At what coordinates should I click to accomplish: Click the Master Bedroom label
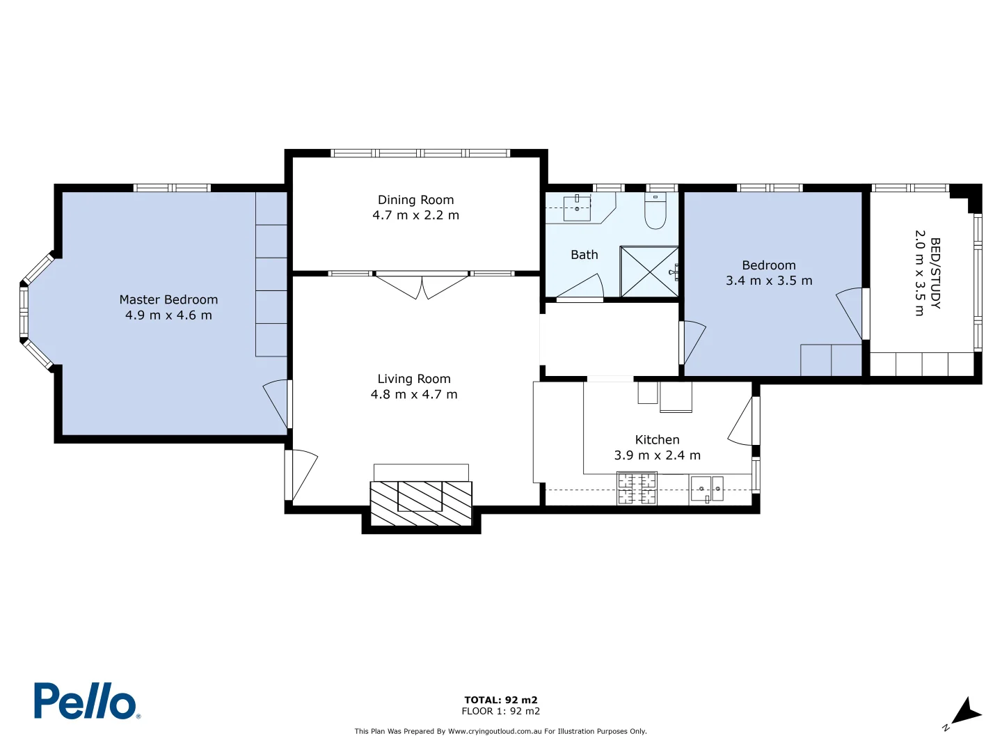(x=168, y=299)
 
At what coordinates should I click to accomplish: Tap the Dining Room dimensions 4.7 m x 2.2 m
(x=415, y=215)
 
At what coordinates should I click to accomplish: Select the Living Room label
(x=414, y=379)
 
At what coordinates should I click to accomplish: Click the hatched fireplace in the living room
(x=421, y=503)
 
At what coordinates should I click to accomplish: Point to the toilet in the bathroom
(x=655, y=211)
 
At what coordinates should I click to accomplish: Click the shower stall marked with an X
(x=649, y=272)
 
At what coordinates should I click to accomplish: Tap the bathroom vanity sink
(x=577, y=207)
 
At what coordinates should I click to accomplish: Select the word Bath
(x=584, y=255)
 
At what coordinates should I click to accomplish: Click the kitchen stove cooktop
(x=637, y=488)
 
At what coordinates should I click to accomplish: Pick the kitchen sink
(x=706, y=488)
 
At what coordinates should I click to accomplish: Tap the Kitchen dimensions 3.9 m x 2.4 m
(x=657, y=455)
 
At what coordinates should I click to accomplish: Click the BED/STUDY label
(x=935, y=273)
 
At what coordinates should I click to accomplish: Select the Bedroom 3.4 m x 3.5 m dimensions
(x=769, y=281)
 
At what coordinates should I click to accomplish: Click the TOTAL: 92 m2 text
(x=501, y=700)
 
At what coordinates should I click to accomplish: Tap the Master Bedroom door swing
(x=276, y=402)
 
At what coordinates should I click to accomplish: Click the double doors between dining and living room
(x=422, y=285)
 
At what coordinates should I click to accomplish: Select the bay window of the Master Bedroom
(x=31, y=310)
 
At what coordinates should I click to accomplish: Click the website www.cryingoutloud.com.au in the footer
(x=494, y=731)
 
